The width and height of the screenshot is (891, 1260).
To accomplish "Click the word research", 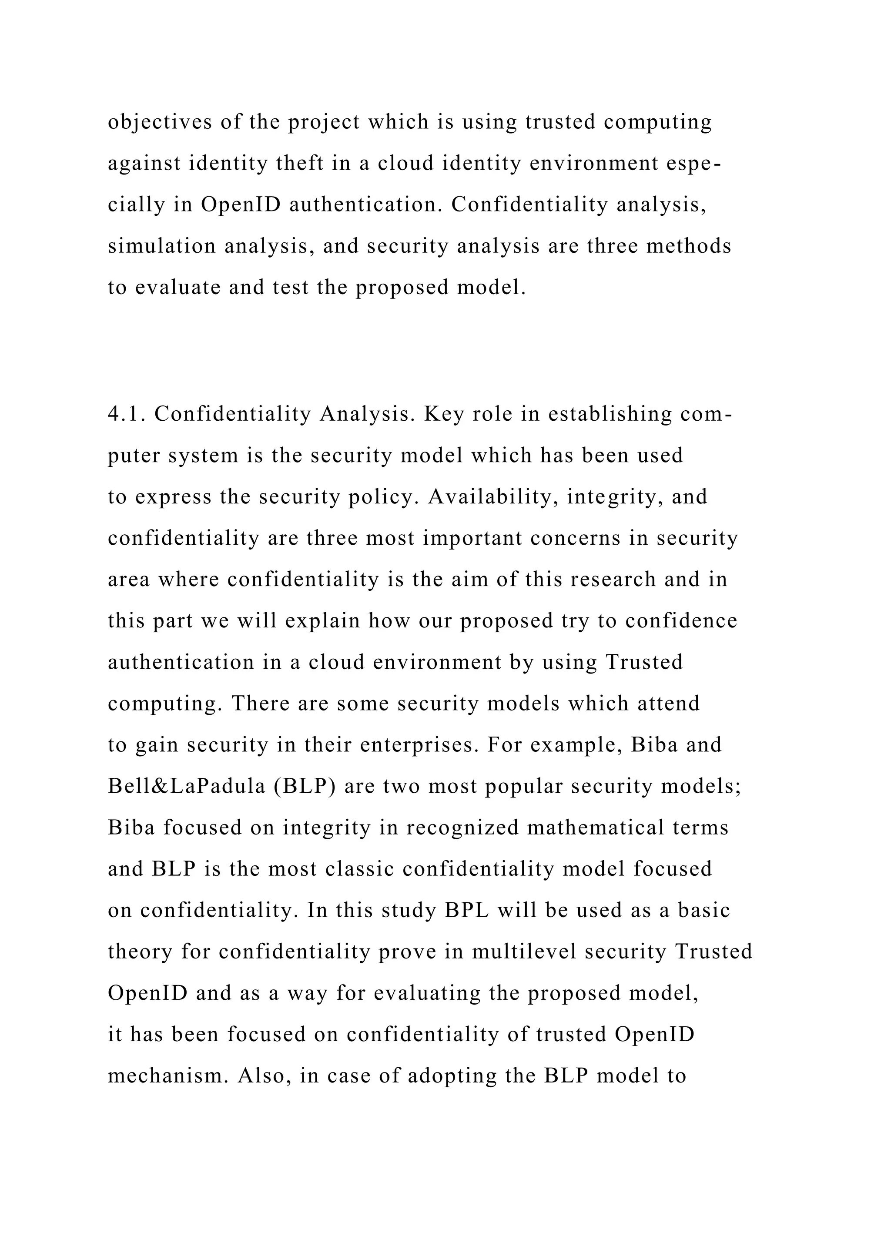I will click(x=612, y=580).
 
